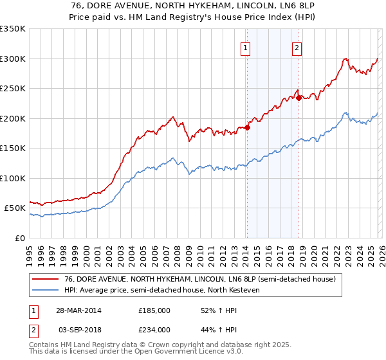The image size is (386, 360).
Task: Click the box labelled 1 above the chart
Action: (246, 47)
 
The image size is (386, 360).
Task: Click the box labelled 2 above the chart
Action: (297, 47)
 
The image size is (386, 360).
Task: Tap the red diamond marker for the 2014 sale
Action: (247, 127)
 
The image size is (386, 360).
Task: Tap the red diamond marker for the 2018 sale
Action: (298, 98)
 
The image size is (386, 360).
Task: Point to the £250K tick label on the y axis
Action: (14, 89)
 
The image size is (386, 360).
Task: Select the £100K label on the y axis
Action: (14, 178)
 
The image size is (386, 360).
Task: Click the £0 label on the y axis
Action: (19, 238)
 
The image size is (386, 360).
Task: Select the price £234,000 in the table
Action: (154, 330)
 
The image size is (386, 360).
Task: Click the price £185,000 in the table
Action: (154, 310)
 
